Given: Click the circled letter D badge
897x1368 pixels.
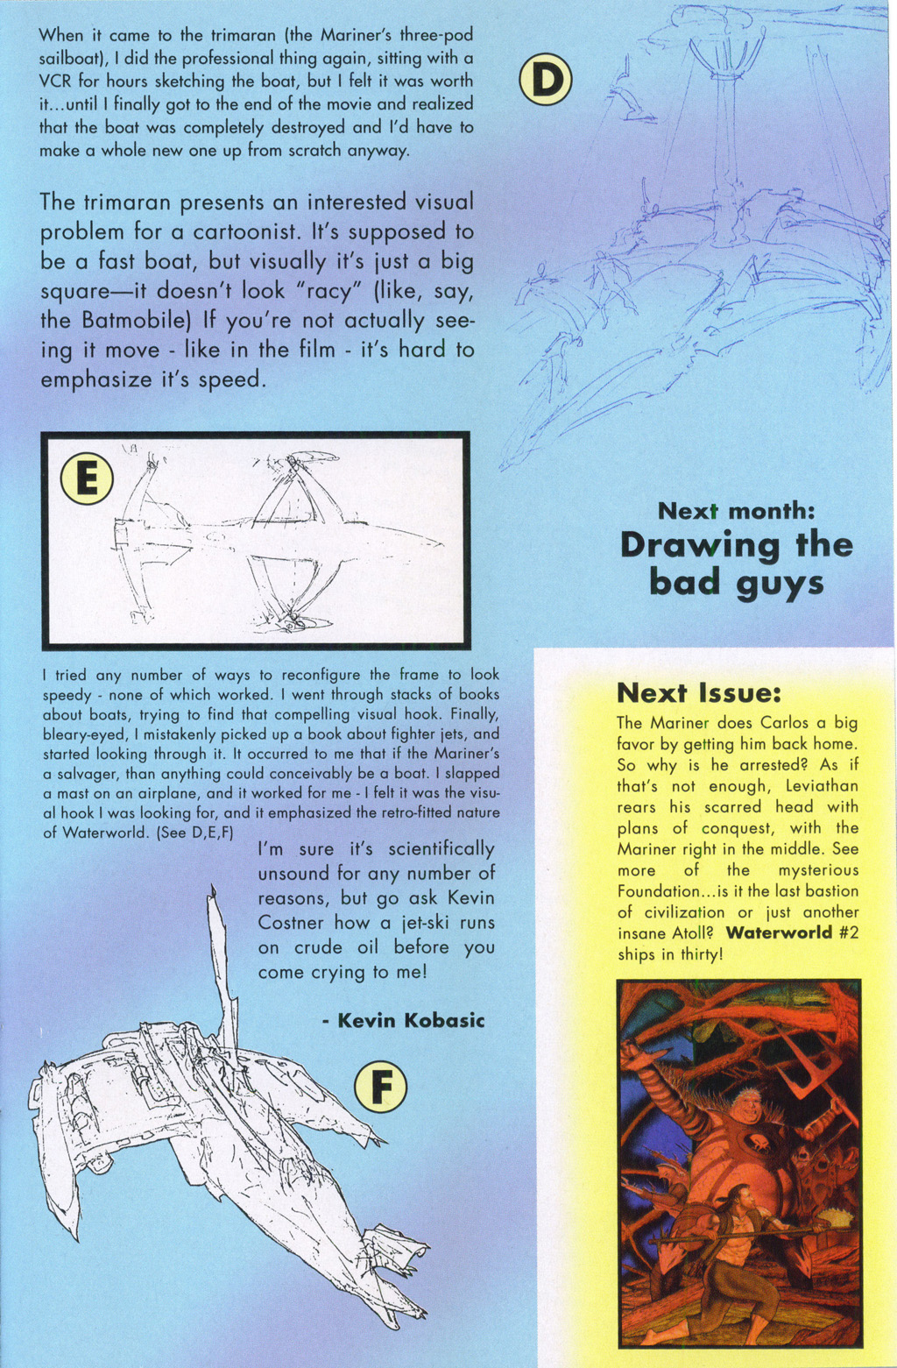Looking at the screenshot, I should (545, 80).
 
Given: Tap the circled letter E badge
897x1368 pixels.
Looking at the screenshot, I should (87, 479).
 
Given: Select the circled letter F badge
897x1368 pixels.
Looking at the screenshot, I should (380, 1088).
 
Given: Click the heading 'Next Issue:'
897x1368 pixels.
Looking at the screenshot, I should (697, 693).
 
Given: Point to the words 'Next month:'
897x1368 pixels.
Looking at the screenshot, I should (736, 510).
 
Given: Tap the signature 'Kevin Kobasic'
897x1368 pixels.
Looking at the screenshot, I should (403, 1020).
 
